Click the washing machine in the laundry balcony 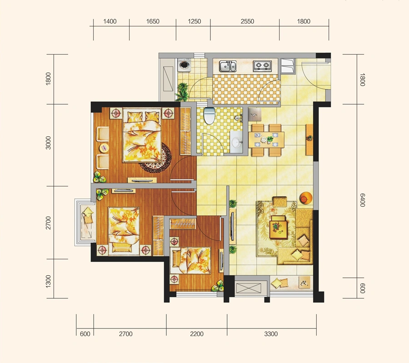coord(185,65)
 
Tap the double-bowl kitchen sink coord(228,66)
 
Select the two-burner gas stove coord(262,66)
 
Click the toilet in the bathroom coord(209,115)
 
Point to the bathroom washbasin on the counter coord(236,141)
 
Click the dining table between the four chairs coord(266,140)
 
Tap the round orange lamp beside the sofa coord(306,198)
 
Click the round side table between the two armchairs coord(104,148)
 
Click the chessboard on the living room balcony coord(304,282)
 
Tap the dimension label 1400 coord(110,21)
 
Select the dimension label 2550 coord(247,21)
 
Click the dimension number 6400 coord(362,200)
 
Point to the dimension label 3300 coord(271,334)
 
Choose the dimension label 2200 coord(197,334)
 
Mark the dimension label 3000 coord(48,143)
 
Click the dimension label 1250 coord(195,21)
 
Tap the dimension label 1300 coord(48,281)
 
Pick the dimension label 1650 coord(153,21)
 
